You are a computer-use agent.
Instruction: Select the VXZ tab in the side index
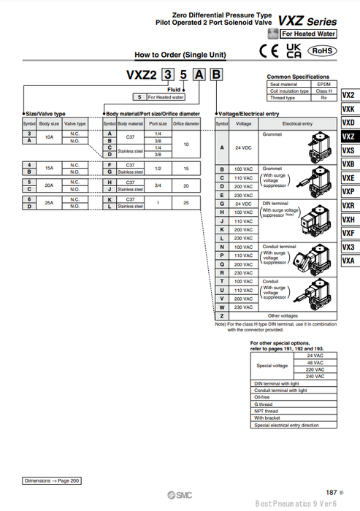(x=348, y=137)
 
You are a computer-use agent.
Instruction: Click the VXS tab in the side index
(x=348, y=150)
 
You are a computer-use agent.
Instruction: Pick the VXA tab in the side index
(x=348, y=261)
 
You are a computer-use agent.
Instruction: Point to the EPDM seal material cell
(x=323, y=84)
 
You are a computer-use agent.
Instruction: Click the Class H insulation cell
(x=323, y=91)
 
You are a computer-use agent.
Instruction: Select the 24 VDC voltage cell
(x=242, y=148)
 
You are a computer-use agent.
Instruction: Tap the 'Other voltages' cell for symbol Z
(x=294, y=315)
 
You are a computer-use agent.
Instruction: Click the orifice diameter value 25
(x=186, y=201)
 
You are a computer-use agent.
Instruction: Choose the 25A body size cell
(x=50, y=201)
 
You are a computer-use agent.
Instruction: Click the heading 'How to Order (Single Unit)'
(x=180, y=55)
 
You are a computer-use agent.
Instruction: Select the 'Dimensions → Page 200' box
(x=53, y=481)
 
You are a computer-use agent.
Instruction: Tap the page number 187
(x=331, y=493)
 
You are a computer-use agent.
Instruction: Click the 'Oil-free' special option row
(x=261, y=398)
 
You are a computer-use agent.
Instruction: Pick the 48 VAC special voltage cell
(x=315, y=363)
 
